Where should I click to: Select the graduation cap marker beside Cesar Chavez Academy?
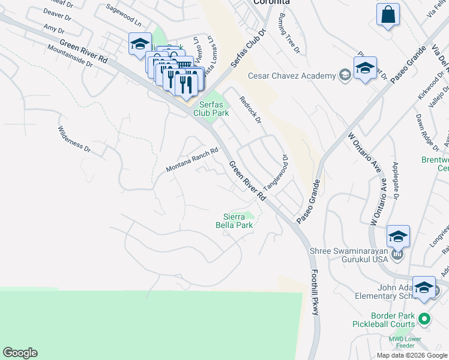pyautogui.click(x=364, y=68)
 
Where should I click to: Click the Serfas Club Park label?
pyautogui.click(x=211, y=108)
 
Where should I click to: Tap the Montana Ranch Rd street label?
pyautogui.click(x=191, y=160)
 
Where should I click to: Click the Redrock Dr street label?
pyautogui.click(x=250, y=110)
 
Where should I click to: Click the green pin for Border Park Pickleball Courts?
pyautogui.click(x=425, y=319)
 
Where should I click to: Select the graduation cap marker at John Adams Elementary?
pyautogui.click(x=424, y=287)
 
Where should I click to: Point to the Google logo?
pyautogui.click(x=20, y=353)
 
